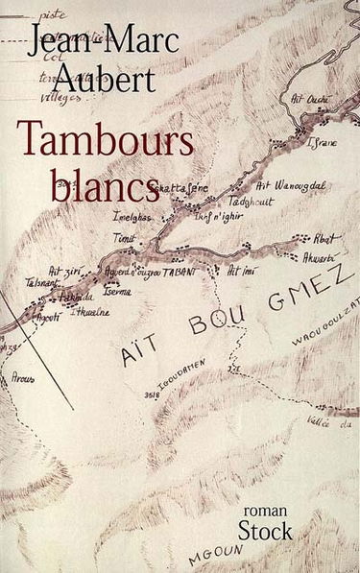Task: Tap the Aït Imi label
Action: pos(242,272)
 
